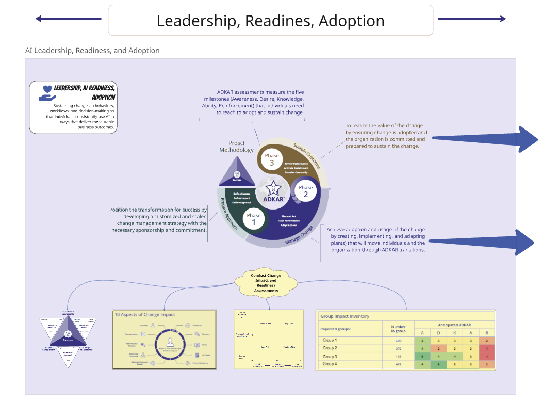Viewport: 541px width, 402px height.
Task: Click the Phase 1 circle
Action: tap(254, 219)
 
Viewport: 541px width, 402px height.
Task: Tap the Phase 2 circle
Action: tap(305, 191)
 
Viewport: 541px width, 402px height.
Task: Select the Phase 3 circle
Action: tap(272, 159)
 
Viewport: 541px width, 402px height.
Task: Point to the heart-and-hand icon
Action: tap(46, 92)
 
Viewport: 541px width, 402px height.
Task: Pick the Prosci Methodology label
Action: tap(237, 147)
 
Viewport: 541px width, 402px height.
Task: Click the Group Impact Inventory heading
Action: tap(345, 316)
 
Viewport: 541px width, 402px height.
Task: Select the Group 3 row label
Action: tap(330, 357)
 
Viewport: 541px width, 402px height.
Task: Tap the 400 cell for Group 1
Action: tap(398, 341)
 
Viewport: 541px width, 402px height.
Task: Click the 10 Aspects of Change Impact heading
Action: tap(145, 314)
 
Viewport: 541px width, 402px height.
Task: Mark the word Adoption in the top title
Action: tap(351, 21)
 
